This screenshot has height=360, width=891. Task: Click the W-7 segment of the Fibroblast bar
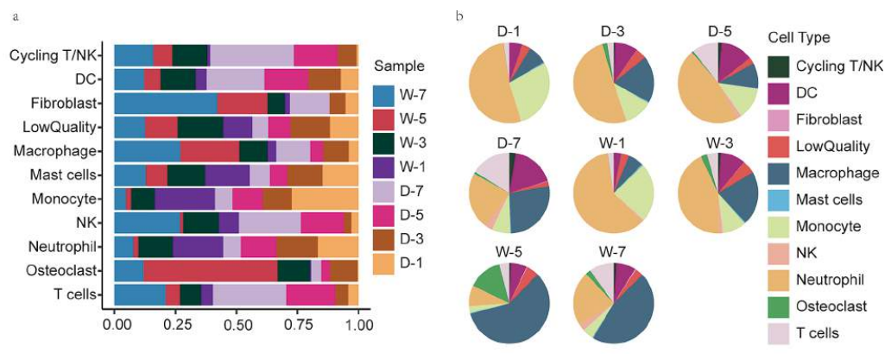click(165, 104)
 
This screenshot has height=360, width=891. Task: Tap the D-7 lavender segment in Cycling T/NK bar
click(251, 56)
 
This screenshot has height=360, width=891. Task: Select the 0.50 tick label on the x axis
click(236, 326)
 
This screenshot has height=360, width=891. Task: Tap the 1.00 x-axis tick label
click(357, 326)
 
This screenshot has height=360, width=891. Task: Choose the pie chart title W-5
click(509, 252)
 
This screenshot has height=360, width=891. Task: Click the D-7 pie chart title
click(509, 140)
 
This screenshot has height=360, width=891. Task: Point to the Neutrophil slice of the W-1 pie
click(593, 203)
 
